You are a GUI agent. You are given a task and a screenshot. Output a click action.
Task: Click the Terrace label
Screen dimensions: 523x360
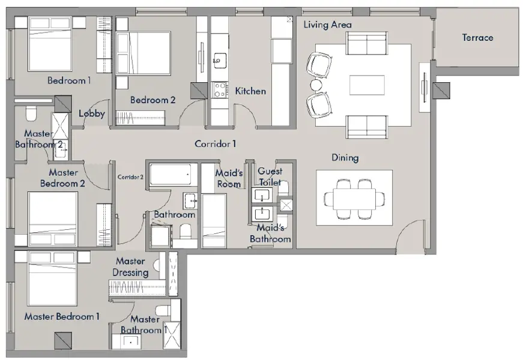click(x=477, y=37)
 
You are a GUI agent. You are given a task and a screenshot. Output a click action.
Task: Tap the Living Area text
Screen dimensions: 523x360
click(x=327, y=25)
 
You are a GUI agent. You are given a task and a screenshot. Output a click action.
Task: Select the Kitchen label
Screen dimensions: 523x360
click(x=250, y=91)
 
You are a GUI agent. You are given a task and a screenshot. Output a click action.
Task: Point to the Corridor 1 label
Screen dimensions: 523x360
click(x=215, y=144)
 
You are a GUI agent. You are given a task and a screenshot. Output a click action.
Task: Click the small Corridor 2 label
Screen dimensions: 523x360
click(x=130, y=177)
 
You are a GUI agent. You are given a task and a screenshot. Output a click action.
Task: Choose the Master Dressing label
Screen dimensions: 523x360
click(x=130, y=266)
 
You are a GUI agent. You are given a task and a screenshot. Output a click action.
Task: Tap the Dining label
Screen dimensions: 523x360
click(x=345, y=158)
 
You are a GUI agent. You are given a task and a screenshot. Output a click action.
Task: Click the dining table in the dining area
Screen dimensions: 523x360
click(x=354, y=199)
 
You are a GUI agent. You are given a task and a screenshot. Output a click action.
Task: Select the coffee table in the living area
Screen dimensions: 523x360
click(x=367, y=85)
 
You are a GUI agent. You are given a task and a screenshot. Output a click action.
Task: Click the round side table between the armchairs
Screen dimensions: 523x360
click(x=316, y=85)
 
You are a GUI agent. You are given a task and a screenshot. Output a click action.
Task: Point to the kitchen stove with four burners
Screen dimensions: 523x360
click(x=220, y=89)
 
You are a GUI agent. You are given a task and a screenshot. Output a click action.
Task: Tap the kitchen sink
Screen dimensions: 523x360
click(x=220, y=61)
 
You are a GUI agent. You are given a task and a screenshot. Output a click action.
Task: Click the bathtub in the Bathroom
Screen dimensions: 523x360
click(x=171, y=175)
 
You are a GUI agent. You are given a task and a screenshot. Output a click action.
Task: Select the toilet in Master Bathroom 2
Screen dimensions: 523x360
click(x=31, y=113)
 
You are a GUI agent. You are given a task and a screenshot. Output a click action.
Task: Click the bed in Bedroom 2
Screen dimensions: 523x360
click(x=144, y=53)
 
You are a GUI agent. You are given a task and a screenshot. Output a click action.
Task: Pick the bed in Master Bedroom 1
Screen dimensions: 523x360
click(x=53, y=278)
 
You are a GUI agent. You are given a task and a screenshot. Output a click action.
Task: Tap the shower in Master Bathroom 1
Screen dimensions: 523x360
click(x=172, y=335)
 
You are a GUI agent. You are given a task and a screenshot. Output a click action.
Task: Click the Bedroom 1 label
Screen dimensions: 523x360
click(x=69, y=80)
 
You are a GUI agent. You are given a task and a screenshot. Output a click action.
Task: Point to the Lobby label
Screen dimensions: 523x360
click(x=92, y=113)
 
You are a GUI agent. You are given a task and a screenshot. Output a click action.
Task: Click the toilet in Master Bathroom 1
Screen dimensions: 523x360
click(x=164, y=311)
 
